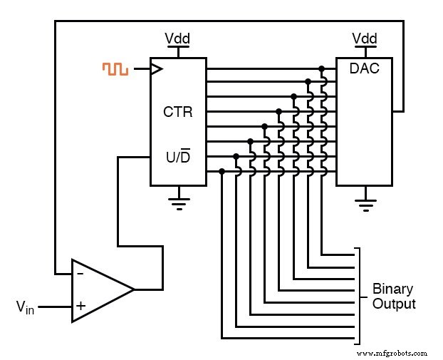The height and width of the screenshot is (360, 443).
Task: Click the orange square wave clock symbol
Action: point(115,69)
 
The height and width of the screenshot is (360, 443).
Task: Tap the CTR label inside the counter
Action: point(177,112)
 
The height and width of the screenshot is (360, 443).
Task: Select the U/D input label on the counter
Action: point(177,156)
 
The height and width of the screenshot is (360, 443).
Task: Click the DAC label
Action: point(364,69)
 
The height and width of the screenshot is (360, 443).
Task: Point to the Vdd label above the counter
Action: point(177,38)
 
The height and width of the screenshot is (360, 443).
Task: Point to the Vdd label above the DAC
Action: point(365,38)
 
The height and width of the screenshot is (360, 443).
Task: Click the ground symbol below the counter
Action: point(178,201)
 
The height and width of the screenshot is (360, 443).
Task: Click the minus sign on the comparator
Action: point(80,273)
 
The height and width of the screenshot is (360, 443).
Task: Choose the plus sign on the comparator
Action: point(80,307)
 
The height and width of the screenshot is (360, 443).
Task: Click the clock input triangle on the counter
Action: point(156,69)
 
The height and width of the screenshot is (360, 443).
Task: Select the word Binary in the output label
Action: point(392,289)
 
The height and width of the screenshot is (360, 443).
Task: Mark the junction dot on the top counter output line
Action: point(322,69)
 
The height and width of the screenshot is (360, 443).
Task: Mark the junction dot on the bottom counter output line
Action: point(221,171)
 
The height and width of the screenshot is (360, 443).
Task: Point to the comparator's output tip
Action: point(134,290)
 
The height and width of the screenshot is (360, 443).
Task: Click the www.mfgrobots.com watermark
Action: point(392,353)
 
